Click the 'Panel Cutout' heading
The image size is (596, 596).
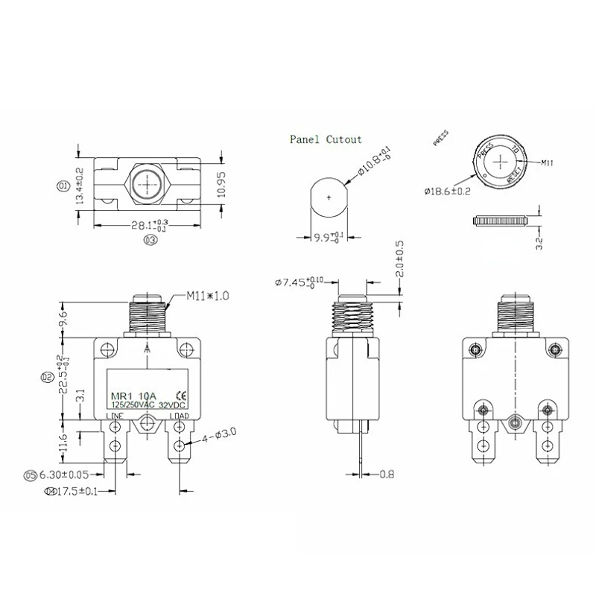tap(327, 139)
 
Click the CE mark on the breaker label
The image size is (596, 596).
tap(180, 395)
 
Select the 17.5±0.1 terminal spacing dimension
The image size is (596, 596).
tap(77, 490)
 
